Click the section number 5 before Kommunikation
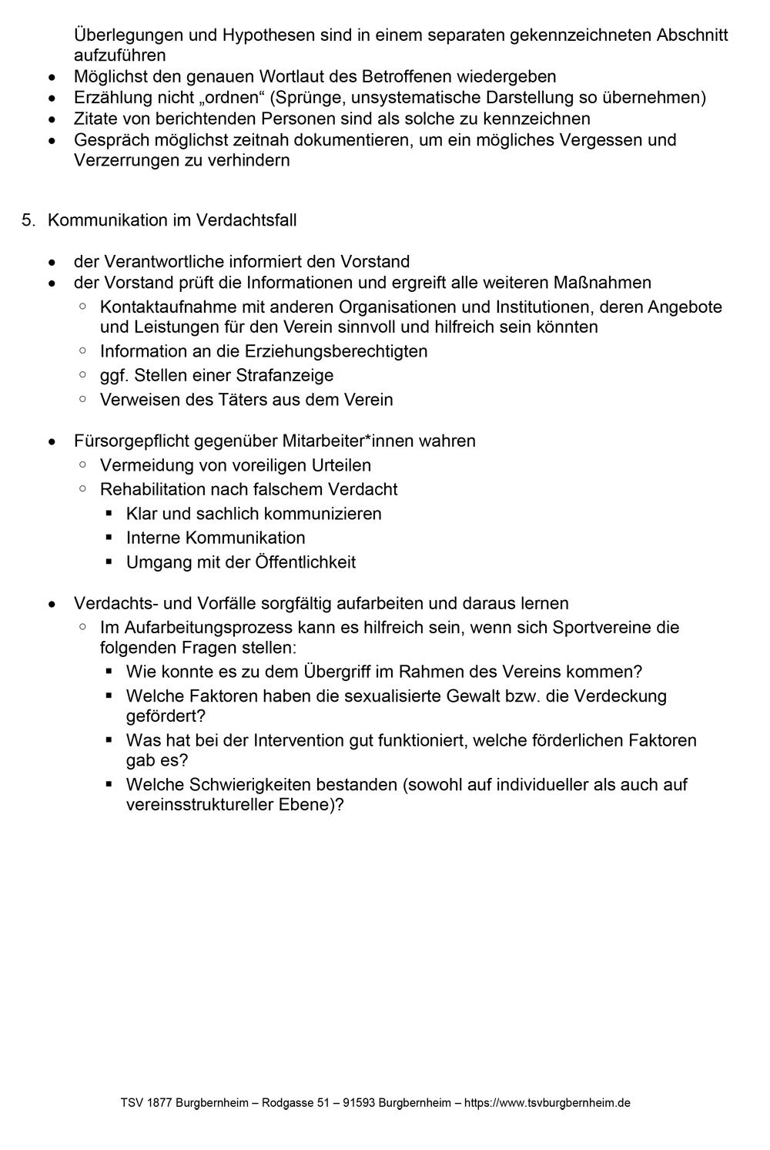[27, 220]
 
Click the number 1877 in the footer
[158, 1103]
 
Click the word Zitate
[95, 119]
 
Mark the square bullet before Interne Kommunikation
[109, 538]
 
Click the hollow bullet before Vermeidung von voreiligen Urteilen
[82, 465]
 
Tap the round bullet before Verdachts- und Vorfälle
[52, 604]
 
